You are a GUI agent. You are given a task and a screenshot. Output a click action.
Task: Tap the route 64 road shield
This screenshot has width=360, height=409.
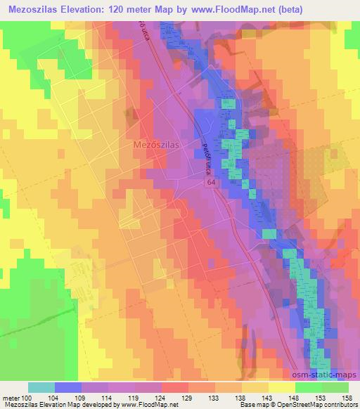(x=211, y=181)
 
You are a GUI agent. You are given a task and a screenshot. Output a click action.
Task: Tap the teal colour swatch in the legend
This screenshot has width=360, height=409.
(x=41, y=387)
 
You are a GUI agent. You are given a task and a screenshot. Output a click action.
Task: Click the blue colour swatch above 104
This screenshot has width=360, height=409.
(x=68, y=387)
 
